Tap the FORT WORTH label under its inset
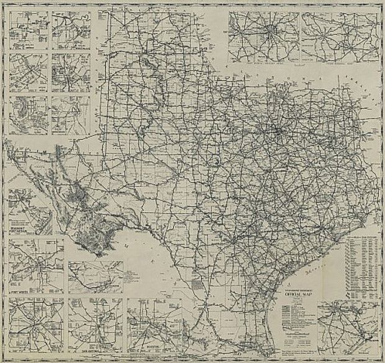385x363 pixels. pos(20,290)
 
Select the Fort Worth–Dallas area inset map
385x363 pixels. pos(264,31)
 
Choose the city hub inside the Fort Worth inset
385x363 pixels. pos(38,261)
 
